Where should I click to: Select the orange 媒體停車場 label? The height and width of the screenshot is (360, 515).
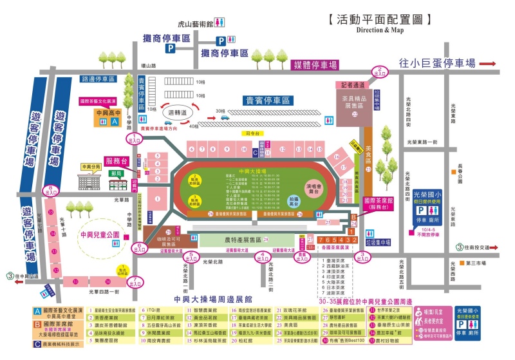(315, 65)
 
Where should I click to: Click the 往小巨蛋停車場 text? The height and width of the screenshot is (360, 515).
(437, 62)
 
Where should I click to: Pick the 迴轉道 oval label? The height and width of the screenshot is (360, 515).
(176, 112)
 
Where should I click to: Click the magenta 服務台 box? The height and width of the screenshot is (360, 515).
(118, 160)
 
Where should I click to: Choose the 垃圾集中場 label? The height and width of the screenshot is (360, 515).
(377, 242)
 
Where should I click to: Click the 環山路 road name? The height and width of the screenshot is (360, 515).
(149, 66)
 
